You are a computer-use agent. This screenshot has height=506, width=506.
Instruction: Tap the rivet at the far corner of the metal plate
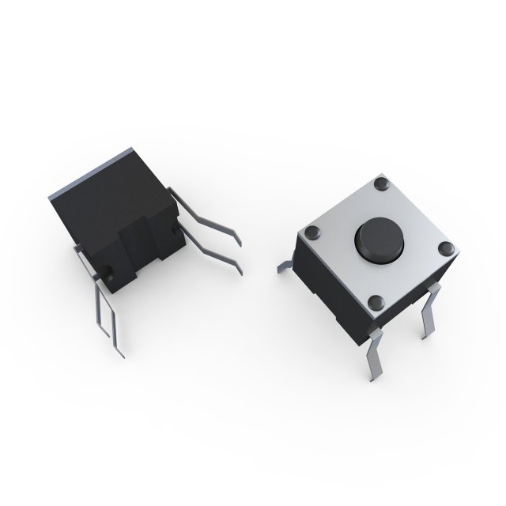coord(382,184)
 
